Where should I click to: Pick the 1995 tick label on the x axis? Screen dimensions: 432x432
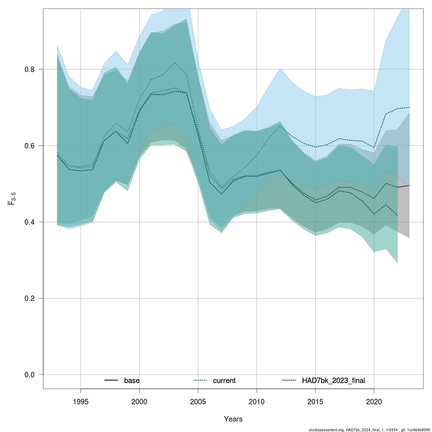click(81, 401)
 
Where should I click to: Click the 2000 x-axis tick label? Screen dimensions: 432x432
click(139, 401)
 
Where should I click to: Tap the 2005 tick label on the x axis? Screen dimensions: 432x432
click(198, 401)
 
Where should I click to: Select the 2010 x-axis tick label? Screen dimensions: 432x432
click(257, 401)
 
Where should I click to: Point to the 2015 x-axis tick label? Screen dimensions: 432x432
click(315, 401)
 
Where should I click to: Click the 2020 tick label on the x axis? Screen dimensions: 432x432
click(374, 401)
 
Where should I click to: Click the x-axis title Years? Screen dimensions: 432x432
click(233, 419)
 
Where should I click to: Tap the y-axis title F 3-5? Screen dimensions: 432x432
click(11, 198)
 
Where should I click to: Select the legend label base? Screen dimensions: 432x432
click(132, 381)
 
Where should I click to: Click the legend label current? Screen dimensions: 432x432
click(224, 381)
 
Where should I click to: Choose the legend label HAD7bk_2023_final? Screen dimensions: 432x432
click(333, 381)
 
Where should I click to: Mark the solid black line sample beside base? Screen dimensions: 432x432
click(111, 381)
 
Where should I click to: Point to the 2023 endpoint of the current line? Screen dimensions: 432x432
click(409, 107)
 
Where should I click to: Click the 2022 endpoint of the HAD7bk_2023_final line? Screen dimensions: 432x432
click(397, 215)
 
